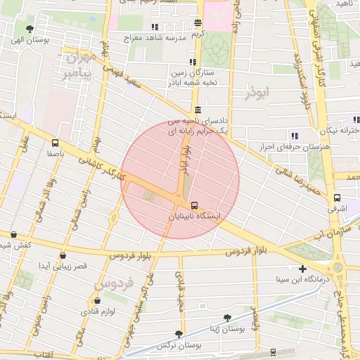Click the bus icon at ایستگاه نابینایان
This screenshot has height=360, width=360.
tap(195, 205)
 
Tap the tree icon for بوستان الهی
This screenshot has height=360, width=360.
tap(29, 29)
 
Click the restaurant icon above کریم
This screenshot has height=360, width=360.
tap(199, 23)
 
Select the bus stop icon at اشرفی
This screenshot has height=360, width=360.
tap(337, 198)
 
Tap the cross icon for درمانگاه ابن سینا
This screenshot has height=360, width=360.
tap(302, 269)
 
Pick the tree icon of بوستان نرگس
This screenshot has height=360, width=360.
tap(178, 335)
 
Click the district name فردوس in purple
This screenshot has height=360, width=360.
tap(113, 284)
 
